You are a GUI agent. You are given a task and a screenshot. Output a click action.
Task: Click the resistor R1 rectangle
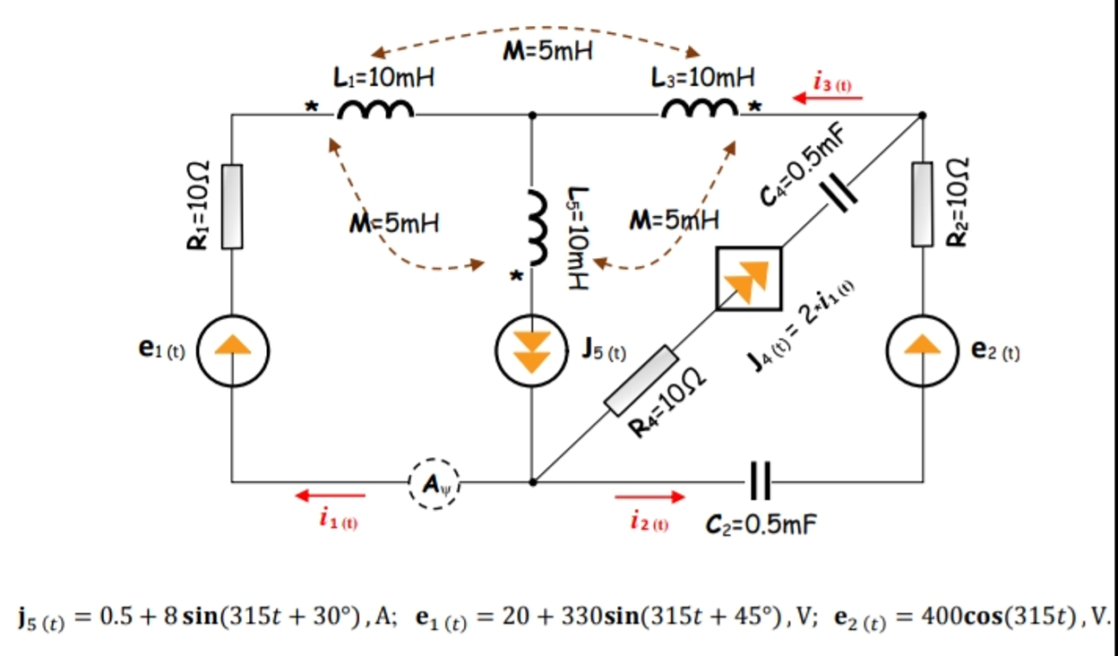pyautogui.click(x=231, y=206)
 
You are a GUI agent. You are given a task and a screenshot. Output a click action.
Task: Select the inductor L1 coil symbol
pyautogui.click(x=375, y=110)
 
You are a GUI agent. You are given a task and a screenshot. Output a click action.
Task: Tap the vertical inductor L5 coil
pyautogui.click(x=536, y=228)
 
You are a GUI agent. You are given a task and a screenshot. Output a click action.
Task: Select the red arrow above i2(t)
pyautogui.click(x=649, y=495)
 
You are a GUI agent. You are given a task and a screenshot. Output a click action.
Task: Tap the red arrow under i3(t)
pyautogui.click(x=827, y=99)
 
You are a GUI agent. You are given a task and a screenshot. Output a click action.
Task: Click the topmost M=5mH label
pyautogui.click(x=547, y=51)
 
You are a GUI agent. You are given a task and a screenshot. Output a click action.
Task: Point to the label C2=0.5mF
pyautogui.click(x=761, y=523)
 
